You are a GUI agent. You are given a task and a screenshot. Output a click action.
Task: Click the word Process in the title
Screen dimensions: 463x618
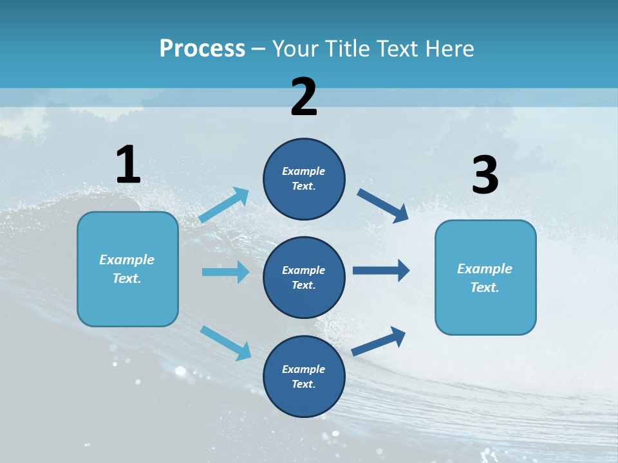(202, 48)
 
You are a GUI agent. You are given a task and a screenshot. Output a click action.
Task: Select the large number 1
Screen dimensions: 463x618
(128, 165)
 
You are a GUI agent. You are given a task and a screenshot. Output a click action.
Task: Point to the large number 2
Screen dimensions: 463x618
(304, 97)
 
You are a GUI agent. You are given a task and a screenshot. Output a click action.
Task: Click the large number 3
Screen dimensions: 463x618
(485, 176)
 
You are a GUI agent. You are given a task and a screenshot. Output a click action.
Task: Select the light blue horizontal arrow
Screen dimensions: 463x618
(225, 272)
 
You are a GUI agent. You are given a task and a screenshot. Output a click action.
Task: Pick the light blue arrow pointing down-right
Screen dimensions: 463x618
(226, 342)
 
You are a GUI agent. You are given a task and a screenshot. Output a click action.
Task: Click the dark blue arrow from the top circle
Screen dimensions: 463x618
(383, 205)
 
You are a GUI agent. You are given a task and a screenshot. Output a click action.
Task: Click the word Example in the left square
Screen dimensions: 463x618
(127, 260)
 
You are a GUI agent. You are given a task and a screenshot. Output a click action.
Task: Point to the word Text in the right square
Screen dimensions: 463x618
(484, 287)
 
